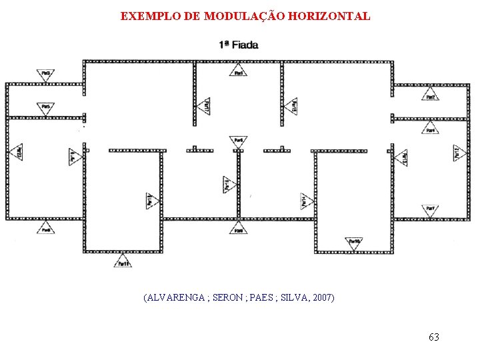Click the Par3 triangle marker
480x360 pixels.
click(x=45, y=74)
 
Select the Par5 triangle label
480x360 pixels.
click(x=45, y=107)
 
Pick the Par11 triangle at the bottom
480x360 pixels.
click(x=122, y=261)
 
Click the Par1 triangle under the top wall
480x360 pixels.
click(x=238, y=73)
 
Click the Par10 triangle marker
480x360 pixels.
click(x=354, y=243)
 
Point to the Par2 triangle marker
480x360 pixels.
click(x=431, y=96)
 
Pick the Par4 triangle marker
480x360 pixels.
click(x=431, y=129)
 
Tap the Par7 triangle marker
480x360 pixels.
click(x=431, y=209)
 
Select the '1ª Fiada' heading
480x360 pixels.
click(x=238, y=45)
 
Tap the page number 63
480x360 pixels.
click(x=433, y=337)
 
